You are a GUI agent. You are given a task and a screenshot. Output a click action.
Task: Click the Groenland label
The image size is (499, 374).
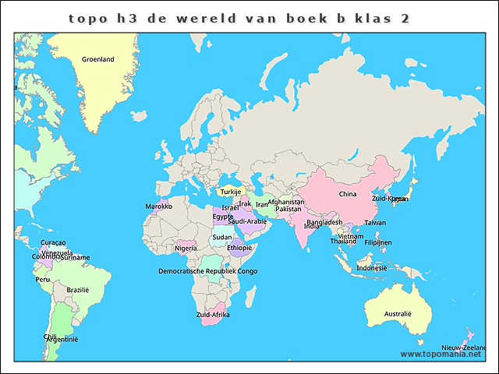98,59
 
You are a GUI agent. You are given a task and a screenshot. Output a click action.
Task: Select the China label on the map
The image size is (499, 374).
348,194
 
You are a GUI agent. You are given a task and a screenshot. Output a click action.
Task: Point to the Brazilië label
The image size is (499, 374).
78,290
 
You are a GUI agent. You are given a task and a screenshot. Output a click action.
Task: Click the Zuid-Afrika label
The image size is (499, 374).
213,315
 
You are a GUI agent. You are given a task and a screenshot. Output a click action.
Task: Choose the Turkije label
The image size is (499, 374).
230,192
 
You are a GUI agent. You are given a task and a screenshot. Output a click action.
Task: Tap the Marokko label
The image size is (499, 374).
159,206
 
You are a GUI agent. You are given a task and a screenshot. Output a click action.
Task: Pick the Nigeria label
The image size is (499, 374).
186,249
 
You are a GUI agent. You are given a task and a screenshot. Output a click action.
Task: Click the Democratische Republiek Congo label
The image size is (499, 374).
207,271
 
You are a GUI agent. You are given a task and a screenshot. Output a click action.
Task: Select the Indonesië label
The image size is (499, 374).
371,268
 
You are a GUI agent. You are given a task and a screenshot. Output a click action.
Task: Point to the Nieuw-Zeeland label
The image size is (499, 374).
464,348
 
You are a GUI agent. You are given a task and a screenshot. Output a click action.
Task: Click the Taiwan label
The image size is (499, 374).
375,223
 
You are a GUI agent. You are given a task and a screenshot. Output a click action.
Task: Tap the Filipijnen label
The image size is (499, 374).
378,242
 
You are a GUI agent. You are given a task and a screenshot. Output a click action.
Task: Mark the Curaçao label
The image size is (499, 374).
52,243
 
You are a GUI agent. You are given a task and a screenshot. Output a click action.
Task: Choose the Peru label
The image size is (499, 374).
43,279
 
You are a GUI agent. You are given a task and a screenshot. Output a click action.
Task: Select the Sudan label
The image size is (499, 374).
222,237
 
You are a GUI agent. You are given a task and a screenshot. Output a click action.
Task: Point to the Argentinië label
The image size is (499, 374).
62,340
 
